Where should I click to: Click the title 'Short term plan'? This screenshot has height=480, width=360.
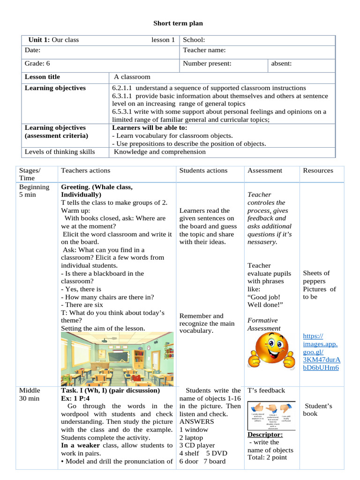point(178,23)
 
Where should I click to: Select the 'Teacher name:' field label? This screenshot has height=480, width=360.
point(204,50)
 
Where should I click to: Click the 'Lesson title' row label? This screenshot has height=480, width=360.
point(42,77)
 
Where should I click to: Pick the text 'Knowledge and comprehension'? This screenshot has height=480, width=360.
point(160,152)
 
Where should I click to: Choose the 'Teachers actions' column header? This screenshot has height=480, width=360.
point(86,171)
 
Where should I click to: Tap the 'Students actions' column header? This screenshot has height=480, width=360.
point(203,171)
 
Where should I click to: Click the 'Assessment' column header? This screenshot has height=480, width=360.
point(265,171)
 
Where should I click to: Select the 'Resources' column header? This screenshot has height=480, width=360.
point(318,171)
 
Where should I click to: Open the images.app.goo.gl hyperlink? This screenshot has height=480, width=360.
point(321,352)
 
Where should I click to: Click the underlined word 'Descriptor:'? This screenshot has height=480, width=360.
point(265,434)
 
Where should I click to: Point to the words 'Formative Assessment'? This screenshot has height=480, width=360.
point(264,324)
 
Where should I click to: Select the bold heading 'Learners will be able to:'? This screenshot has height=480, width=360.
point(150,127)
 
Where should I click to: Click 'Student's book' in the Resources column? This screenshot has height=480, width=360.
point(318,410)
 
